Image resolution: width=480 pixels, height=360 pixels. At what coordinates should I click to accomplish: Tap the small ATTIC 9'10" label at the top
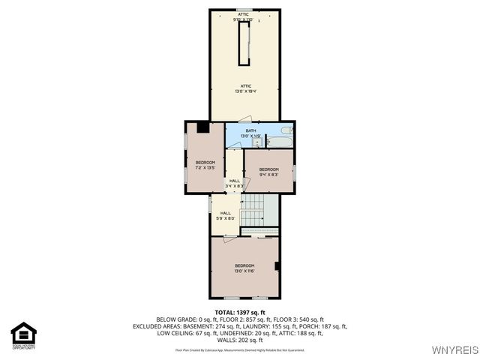(x=244, y=16)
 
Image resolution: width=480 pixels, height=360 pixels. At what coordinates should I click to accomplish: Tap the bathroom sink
(x=256, y=142)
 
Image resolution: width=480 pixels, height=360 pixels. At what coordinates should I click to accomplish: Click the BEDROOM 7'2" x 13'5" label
(x=205, y=165)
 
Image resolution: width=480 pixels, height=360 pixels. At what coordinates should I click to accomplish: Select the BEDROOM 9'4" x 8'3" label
(x=268, y=172)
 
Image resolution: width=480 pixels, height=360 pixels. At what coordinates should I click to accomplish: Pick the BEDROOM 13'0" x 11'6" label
(x=244, y=268)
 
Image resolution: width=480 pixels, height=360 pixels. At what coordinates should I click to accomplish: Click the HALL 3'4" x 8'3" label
(x=235, y=182)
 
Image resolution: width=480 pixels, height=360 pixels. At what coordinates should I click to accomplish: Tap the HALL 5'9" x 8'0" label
(x=226, y=215)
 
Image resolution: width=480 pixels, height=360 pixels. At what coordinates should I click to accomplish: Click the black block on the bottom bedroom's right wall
(x=277, y=265)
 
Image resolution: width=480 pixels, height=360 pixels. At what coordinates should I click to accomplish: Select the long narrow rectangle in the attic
(x=243, y=43)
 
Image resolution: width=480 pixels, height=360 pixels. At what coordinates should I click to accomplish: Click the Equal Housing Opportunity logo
(x=24, y=335)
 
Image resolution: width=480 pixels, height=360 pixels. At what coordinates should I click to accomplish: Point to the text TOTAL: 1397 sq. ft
(x=240, y=312)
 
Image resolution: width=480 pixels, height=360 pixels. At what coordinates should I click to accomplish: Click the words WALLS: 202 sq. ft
(x=240, y=340)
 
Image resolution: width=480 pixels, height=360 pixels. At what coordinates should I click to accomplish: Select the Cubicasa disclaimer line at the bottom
(x=240, y=349)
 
